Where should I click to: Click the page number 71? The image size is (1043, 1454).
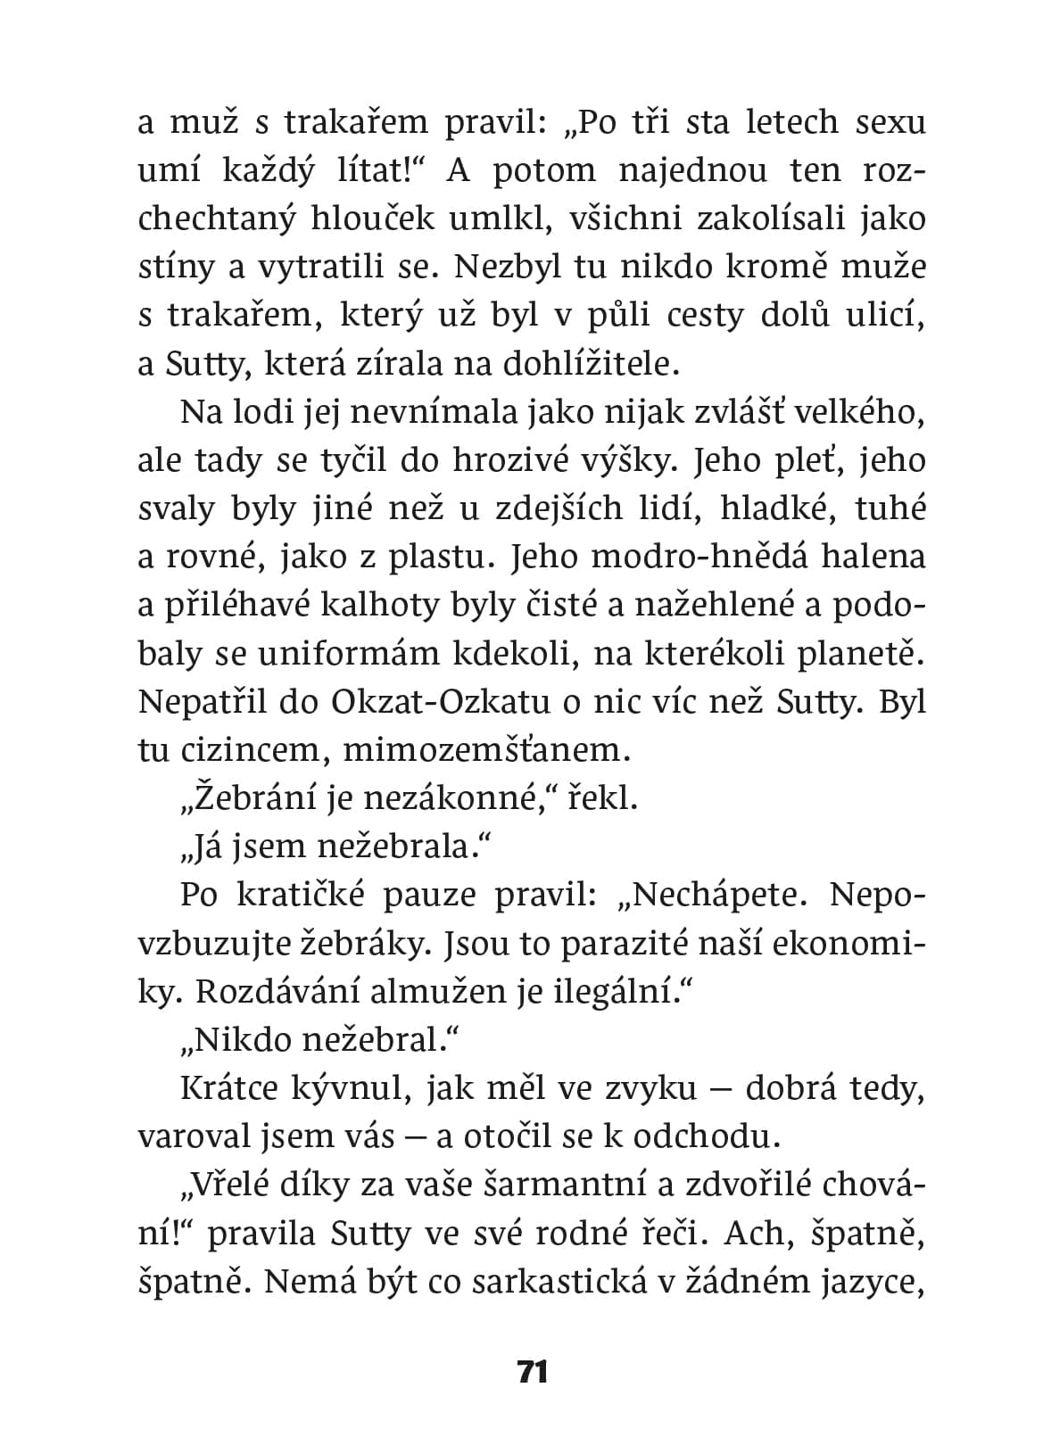pos(532,1371)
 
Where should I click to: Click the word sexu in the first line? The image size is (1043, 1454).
pos(890,122)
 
